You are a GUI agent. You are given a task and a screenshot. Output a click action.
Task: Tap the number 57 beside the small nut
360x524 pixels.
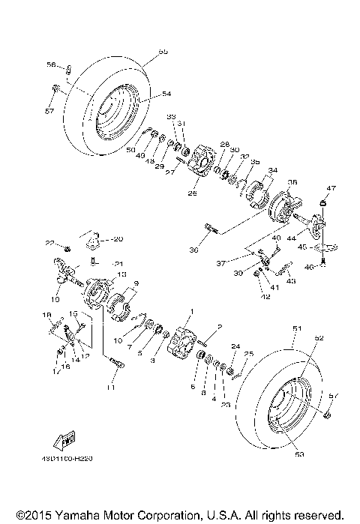pos(49,111)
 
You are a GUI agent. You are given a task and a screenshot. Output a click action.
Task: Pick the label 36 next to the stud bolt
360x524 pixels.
pos(193,249)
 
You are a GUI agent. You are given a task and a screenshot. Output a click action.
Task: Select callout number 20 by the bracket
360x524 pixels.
pos(117,239)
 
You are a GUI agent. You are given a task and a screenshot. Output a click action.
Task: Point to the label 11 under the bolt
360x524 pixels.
pos(110,387)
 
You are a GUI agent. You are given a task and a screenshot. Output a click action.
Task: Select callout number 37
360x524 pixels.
pos(220,264)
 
